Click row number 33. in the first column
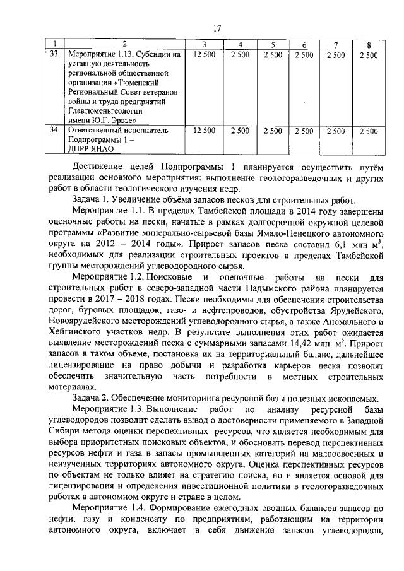point(55,55)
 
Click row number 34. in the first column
point(55,131)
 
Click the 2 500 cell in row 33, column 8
point(368,55)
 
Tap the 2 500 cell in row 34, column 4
point(240,131)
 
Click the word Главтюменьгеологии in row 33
point(107,109)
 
